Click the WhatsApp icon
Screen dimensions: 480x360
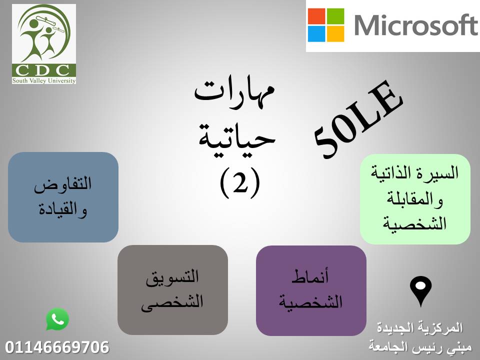[57, 319]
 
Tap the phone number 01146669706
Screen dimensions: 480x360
[57, 347]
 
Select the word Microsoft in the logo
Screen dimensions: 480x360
[416, 25]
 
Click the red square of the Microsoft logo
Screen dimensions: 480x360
[316, 16]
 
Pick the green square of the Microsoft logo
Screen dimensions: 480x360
[335, 16]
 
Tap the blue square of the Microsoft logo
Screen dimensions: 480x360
[316, 34]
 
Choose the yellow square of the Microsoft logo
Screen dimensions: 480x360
[335, 34]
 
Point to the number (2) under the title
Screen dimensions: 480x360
[240, 183]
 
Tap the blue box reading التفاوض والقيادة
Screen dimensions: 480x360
[63, 197]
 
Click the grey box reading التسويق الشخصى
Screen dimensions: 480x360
[172, 290]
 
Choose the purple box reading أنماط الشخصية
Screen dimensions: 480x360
[311, 290]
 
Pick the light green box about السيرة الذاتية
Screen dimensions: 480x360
[415, 199]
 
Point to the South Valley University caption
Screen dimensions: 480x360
[44, 80]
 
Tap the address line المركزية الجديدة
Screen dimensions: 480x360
[419, 328]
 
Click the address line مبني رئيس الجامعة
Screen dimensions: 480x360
[420, 347]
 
